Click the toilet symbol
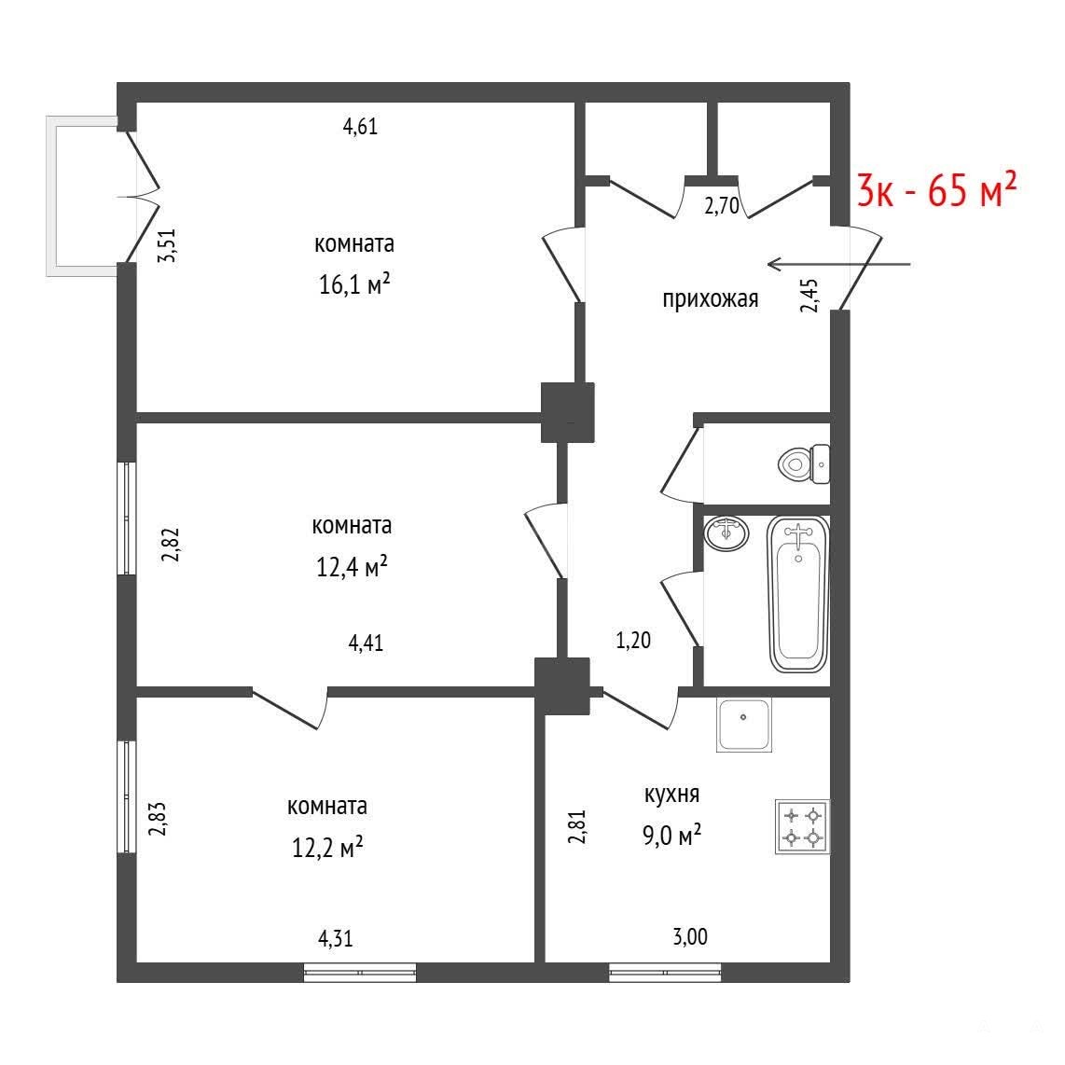click(804, 463)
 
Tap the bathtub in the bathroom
click(798, 594)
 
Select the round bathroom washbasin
click(726, 533)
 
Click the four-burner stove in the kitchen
click(802, 826)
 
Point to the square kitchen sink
click(744, 725)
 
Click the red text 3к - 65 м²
click(936, 189)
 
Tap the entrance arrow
click(838, 264)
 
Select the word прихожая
click(711, 298)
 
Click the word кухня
click(671, 794)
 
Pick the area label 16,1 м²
click(354, 284)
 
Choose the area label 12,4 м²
click(352, 566)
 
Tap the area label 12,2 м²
click(327, 847)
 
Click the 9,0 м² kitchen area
click(671, 835)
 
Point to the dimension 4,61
click(360, 126)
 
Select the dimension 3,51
click(166, 245)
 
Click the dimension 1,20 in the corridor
click(633, 640)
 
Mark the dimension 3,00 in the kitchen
click(690, 937)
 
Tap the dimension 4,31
click(336, 939)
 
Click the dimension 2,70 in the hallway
click(721, 206)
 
